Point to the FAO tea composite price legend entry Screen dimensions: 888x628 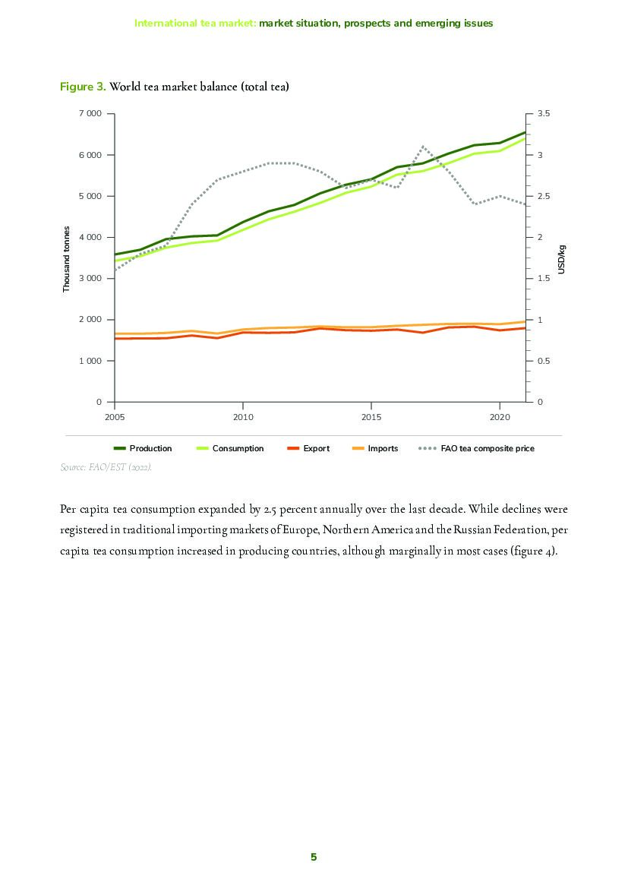(x=487, y=448)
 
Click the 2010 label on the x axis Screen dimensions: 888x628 (x=242, y=417)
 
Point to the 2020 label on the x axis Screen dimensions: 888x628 (x=499, y=417)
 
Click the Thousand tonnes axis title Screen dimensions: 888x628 (x=67, y=259)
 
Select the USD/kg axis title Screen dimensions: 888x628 (x=562, y=259)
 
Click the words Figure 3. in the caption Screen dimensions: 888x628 (x=83, y=87)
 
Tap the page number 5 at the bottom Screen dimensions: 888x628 (x=314, y=857)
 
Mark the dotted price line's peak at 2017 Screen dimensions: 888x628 (x=423, y=147)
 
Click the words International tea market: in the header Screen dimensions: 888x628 (x=195, y=23)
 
